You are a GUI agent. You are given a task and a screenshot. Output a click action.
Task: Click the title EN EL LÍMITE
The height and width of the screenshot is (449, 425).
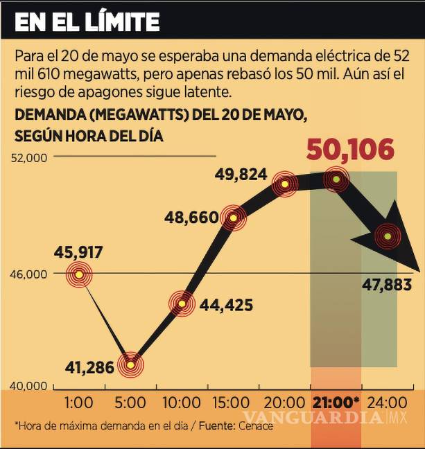tap(87, 22)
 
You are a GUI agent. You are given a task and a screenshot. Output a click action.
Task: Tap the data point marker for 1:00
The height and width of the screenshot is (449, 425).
tap(79, 275)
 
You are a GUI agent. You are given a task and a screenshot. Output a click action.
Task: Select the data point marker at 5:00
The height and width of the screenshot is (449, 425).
tap(131, 364)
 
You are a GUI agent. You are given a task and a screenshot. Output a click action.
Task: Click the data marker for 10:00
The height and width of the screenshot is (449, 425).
tap(182, 303)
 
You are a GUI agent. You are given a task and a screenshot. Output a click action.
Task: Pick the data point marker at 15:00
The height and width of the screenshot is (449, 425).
tap(234, 218)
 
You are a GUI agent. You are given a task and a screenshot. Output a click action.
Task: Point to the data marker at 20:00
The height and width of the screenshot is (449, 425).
tap(285, 184)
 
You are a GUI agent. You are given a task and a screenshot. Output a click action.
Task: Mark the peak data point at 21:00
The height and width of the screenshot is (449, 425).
tap(337, 179)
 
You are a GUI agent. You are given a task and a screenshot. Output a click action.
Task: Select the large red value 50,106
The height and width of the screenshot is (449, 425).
tap(350, 149)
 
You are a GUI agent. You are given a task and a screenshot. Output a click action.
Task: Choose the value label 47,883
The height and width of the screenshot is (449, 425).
tap(387, 285)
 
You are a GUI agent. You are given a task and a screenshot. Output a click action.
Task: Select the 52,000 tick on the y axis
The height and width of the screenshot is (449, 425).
tap(30, 157)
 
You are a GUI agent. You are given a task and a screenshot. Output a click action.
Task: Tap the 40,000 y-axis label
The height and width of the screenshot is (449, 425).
tap(30, 386)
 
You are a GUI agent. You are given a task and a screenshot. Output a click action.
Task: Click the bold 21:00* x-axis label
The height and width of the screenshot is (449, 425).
tap(336, 402)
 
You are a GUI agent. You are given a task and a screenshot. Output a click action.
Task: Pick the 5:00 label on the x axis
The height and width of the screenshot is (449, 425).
tap(131, 402)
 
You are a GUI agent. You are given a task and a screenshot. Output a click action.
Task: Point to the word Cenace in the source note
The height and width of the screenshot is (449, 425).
tap(257, 425)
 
